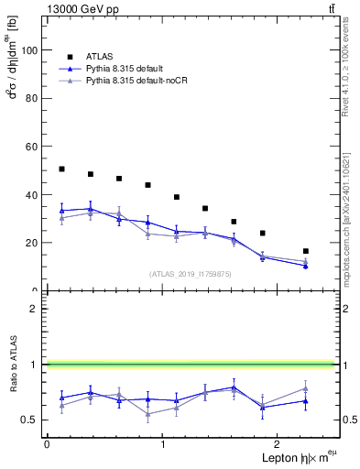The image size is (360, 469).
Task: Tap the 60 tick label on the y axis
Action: pos(32,147)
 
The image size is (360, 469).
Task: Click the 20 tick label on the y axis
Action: pos(32,243)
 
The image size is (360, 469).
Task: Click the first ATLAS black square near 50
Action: pos(61,169)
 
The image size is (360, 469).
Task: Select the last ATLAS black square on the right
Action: pos(306,251)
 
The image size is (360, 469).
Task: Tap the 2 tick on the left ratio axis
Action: pos(36,309)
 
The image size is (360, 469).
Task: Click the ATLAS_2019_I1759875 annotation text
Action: pos(189,273)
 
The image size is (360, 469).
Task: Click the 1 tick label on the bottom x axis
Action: pos(163,444)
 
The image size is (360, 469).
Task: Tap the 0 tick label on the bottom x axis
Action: pos(47,444)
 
